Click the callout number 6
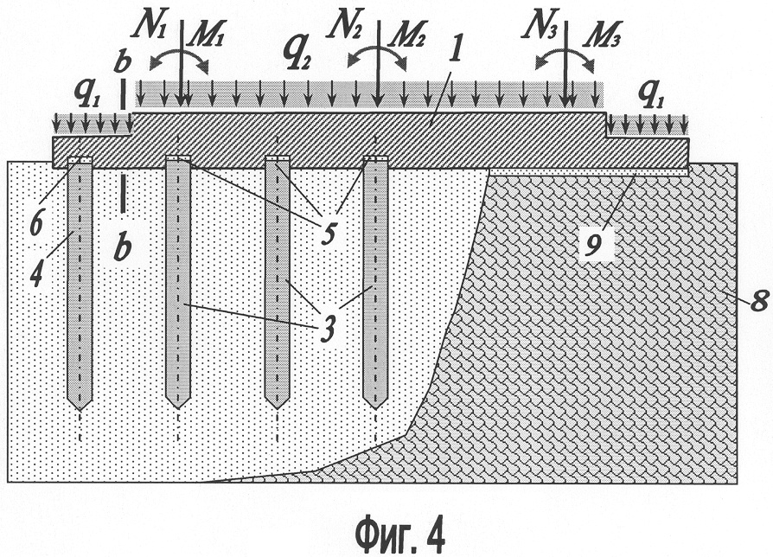coord(37,225)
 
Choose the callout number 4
coord(36,274)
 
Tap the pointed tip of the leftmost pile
coord(80,410)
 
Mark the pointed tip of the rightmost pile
coord(375,408)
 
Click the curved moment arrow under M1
coord(178,59)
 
